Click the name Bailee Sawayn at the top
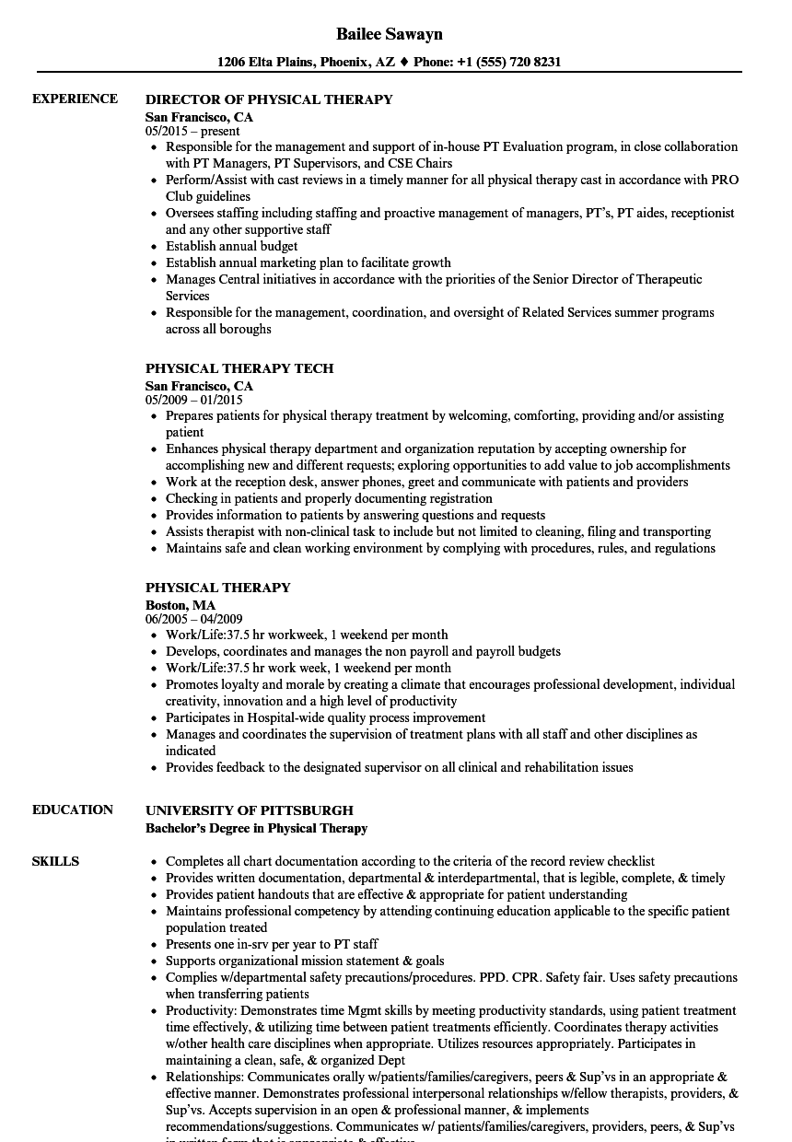click(389, 34)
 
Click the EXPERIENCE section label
click(75, 99)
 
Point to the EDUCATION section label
click(73, 810)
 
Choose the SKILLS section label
click(55, 861)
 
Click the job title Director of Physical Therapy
click(269, 99)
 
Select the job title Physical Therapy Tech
click(239, 368)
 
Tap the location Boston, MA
click(181, 605)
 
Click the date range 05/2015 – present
click(192, 131)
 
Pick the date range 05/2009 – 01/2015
click(193, 400)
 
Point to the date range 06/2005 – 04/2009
click(193, 619)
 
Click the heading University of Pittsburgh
click(249, 810)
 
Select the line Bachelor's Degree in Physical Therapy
click(256, 828)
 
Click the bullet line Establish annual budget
click(231, 246)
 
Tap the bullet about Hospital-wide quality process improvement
click(325, 717)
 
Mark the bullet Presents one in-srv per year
click(272, 944)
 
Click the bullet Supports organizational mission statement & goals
click(304, 961)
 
